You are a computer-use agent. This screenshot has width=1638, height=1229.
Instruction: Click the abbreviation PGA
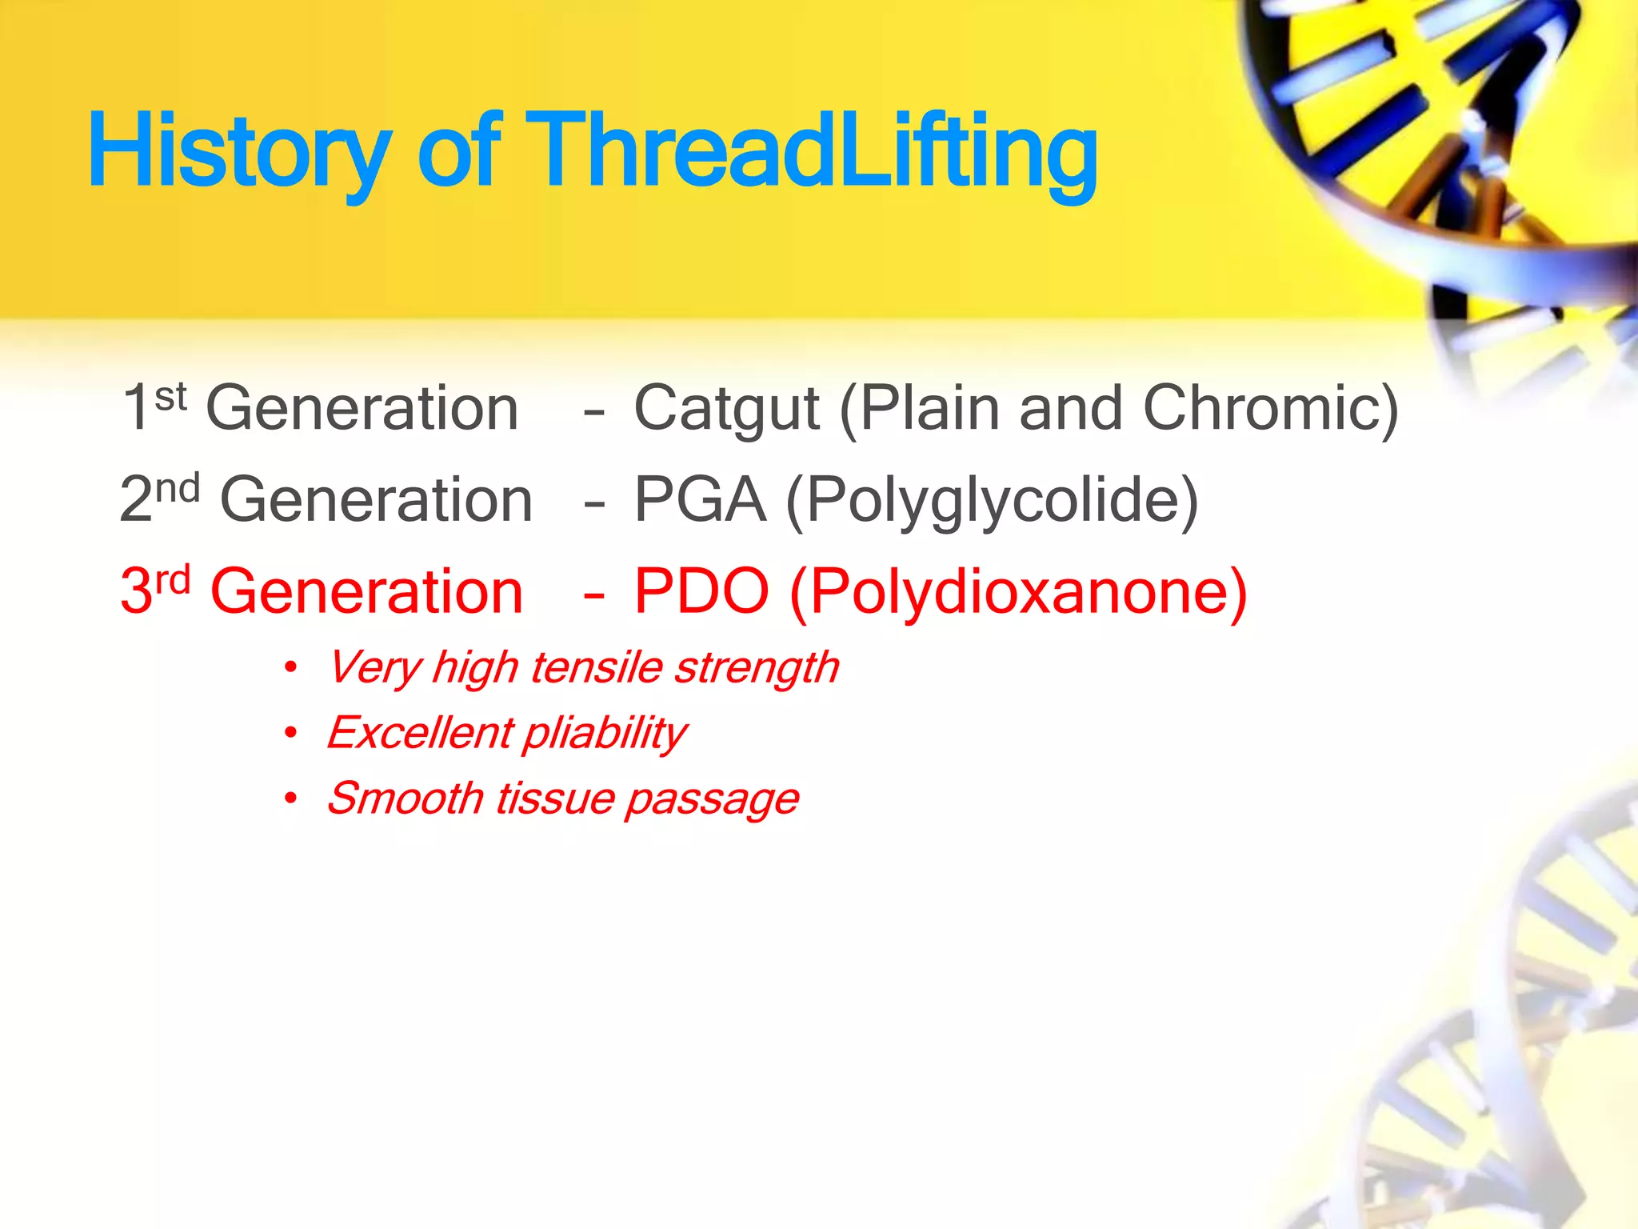700,501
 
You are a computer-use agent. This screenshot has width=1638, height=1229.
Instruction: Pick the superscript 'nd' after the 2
177,488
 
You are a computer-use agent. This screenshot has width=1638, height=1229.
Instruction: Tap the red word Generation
366,592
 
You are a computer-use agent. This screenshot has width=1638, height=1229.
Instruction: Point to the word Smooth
405,799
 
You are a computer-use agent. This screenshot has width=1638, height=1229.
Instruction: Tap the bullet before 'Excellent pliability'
291,732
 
